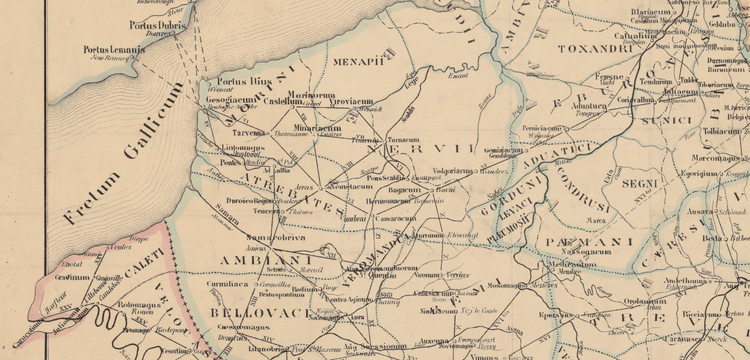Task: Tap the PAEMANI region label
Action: tap(590, 241)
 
